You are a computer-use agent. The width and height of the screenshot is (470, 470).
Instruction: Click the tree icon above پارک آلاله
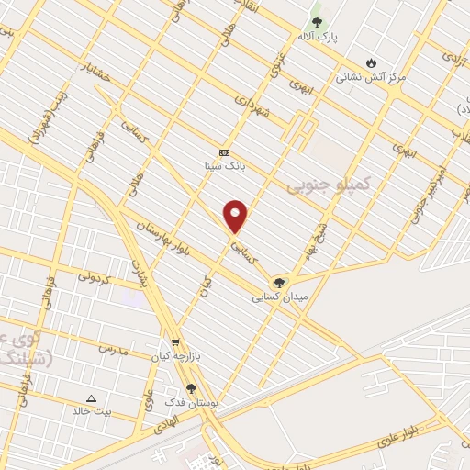pyautogui.click(x=318, y=21)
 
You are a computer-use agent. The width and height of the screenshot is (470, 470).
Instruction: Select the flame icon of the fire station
pyautogui.click(x=371, y=62)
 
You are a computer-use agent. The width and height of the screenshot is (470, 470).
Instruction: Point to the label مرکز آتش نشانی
pyautogui.click(x=371, y=78)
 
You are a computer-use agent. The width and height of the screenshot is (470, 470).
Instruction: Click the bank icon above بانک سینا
pyautogui.click(x=224, y=151)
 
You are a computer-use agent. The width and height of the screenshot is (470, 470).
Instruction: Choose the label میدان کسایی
pyautogui.click(x=281, y=297)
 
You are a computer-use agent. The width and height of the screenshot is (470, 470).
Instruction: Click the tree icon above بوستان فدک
pyautogui.click(x=192, y=389)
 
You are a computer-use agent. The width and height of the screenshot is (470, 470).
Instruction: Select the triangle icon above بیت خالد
pyautogui.click(x=91, y=397)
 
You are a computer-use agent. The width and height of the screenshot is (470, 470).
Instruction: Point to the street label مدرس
pyautogui.click(x=110, y=349)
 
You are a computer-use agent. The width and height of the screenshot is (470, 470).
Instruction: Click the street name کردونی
pyautogui.click(x=95, y=275)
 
